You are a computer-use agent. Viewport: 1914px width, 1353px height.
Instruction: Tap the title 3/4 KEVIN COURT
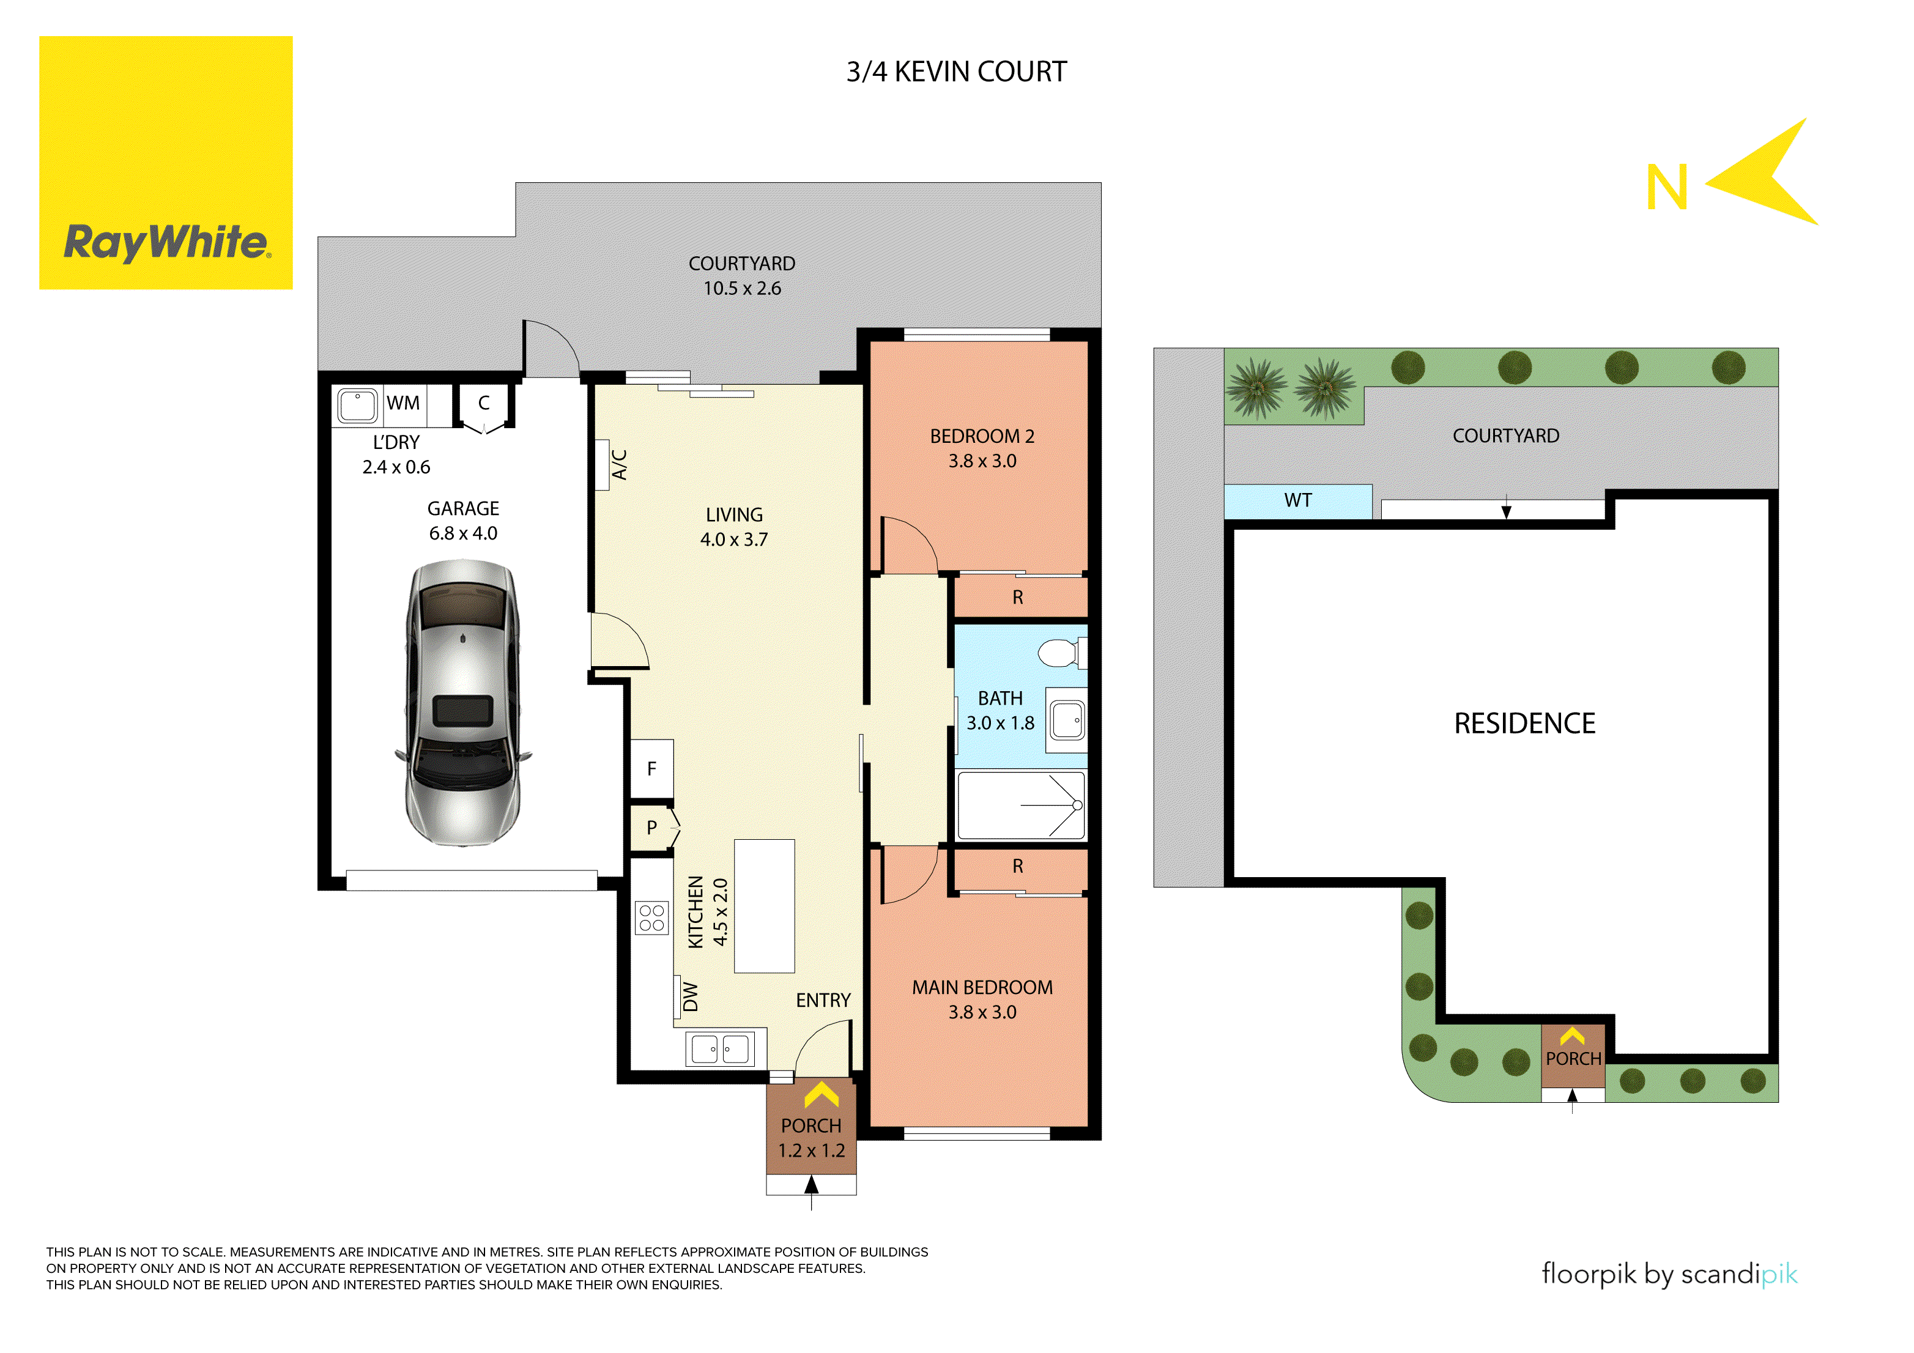coord(956,72)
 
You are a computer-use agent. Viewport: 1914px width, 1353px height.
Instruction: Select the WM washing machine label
coord(402,404)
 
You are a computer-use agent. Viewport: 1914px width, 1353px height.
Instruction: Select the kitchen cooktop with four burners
coord(652,918)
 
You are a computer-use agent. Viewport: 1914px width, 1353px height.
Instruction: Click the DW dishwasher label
coord(689,997)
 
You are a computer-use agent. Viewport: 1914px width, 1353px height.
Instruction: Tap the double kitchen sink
coord(719,1049)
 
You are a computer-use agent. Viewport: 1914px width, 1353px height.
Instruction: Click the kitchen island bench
coord(763,906)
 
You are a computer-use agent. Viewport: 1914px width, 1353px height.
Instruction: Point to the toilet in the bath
coord(1060,653)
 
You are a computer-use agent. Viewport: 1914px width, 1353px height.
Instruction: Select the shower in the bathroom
coord(1020,806)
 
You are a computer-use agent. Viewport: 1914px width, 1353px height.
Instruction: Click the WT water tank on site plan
coord(1297,501)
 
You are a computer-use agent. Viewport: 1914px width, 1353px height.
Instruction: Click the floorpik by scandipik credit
coord(1669,1275)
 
